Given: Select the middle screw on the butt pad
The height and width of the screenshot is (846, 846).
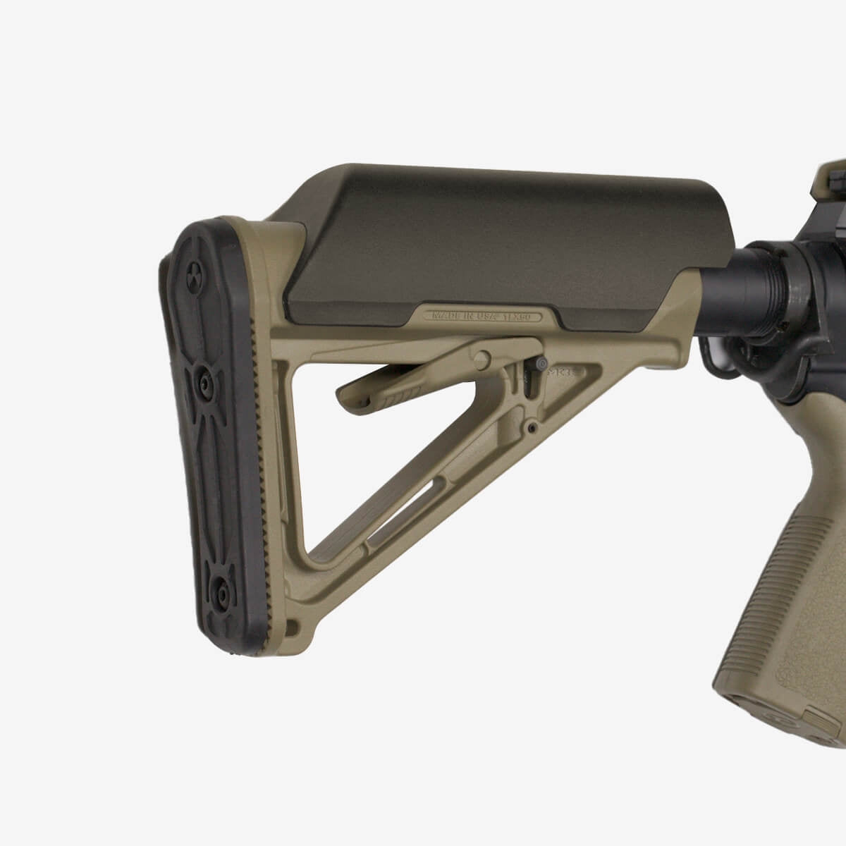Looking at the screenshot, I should (204, 384).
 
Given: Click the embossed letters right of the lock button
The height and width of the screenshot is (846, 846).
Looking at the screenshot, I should (560, 369).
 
